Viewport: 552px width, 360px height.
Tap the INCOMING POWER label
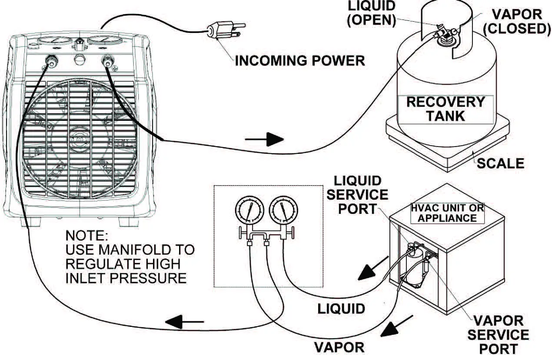[x=300, y=60]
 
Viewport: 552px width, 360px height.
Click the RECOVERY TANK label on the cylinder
[x=445, y=109]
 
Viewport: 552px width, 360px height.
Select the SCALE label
[x=500, y=163]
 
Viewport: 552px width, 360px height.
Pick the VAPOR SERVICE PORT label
[x=500, y=334]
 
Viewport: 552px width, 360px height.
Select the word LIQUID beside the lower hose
[x=341, y=309]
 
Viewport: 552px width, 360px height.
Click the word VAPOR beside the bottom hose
[x=339, y=347]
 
